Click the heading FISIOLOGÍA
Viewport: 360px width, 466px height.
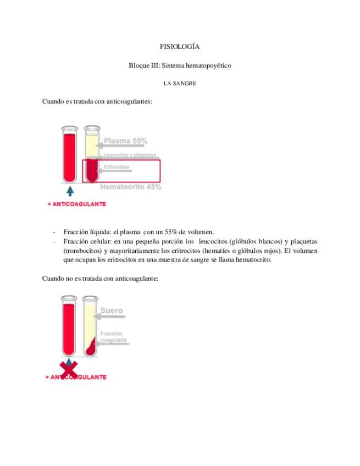[180, 48]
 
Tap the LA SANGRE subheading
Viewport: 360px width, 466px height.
[180, 84]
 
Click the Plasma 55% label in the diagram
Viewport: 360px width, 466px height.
[125, 141]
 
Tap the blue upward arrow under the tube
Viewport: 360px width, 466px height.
[70, 191]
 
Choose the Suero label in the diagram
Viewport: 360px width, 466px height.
[112, 311]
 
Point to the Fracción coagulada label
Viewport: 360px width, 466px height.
[114, 337]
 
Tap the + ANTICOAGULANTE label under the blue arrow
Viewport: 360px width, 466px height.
[77, 204]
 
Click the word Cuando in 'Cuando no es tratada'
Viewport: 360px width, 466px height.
[54, 279]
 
